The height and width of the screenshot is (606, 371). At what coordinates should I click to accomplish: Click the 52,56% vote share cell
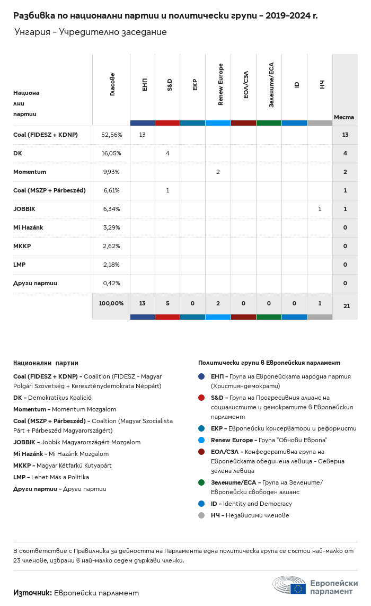[x=111, y=135]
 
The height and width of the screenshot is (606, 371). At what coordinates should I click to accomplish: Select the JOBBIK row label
[x=24, y=209]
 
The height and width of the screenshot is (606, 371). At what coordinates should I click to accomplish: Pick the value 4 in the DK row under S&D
[x=167, y=153]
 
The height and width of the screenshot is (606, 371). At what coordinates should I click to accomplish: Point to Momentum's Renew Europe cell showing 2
[x=218, y=172]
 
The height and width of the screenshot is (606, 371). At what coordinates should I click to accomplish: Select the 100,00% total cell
[x=111, y=303]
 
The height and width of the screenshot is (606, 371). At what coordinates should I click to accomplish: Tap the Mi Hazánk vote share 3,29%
[x=111, y=227]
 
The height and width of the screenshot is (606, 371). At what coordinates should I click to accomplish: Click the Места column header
[x=344, y=117]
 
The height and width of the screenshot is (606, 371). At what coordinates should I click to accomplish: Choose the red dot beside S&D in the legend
[x=201, y=398]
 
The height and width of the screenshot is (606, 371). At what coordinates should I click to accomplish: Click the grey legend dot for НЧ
[x=201, y=515]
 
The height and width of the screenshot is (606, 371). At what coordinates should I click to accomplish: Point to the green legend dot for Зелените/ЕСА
[x=201, y=482]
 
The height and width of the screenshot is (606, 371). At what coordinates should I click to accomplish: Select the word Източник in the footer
[x=32, y=593]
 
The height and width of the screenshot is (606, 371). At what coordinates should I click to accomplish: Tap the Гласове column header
[x=112, y=84]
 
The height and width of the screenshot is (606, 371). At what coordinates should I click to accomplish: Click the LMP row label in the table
[x=20, y=265]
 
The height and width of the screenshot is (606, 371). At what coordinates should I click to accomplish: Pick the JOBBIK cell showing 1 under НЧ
[x=320, y=209]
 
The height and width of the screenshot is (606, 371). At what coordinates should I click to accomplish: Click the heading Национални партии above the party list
[x=46, y=363]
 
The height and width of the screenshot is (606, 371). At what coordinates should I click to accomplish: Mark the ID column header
[x=297, y=84]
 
